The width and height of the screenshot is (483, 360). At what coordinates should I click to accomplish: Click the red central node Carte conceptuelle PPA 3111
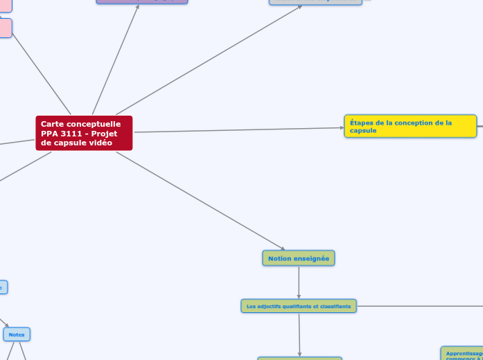tap(83, 133)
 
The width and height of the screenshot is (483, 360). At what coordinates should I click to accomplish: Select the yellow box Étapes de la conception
tap(410, 126)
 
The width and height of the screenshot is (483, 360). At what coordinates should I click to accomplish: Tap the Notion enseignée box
tap(299, 258)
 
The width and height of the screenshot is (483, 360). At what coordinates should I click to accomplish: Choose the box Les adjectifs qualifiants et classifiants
tap(299, 305)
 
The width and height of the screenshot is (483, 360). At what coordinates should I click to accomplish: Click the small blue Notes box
tap(17, 334)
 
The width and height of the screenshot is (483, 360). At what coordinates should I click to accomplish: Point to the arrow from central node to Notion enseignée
tap(201, 201)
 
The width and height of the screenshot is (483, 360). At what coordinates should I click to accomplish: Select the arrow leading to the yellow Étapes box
tap(236, 129)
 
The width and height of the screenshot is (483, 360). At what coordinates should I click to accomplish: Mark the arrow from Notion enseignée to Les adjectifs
tap(299, 282)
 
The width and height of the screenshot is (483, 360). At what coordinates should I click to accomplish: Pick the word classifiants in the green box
tap(334, 305)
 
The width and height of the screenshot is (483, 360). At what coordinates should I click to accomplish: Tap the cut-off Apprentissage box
tap(463, 354)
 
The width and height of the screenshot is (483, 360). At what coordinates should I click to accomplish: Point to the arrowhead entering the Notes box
tap(6, 326)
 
